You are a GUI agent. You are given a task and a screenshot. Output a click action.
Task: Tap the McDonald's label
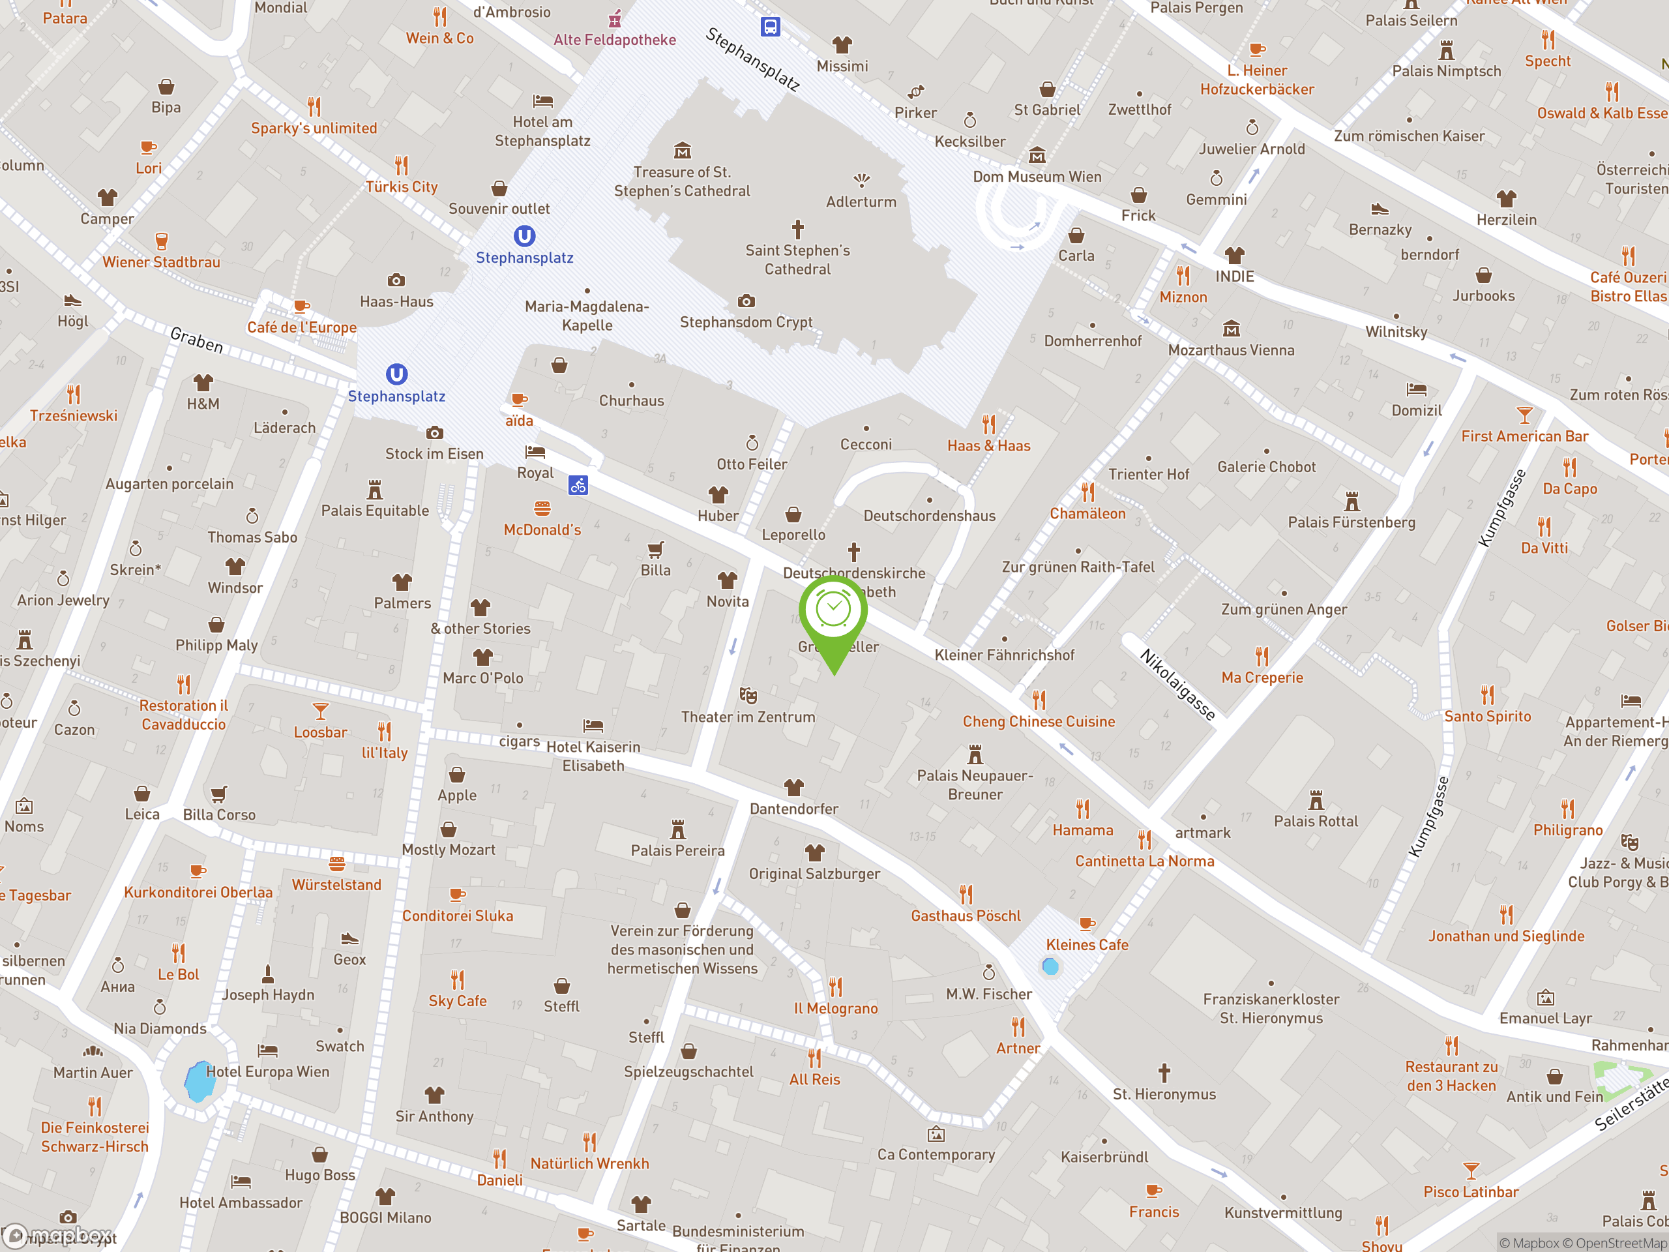pyautogui.click(x=542, y=529)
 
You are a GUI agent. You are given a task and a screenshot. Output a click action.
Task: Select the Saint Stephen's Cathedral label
pyautogui.click(x=797, y=260)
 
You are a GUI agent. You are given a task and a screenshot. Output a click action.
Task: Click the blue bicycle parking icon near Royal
pyautogui.click(x=579, y=485)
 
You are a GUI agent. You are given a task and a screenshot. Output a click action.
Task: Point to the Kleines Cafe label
pyautogui.click(x=1087, y=945)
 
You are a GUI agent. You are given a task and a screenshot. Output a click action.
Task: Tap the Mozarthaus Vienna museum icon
pyautogui.click(x=1232, y=329)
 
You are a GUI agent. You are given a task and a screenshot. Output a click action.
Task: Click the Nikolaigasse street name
pyautogui.click(x=1177, y=685)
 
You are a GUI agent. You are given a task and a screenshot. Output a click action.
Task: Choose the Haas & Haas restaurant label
pyautogui.click(x=988, y=446)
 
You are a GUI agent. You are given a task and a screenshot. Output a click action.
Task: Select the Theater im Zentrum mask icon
pyautogui.click(x=748, y=695)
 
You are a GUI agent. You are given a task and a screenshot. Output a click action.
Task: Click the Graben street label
pyautogui.click(x=196, y=340)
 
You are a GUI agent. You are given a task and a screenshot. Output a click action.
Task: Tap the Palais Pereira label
pyautogui.click(x=677, y=850)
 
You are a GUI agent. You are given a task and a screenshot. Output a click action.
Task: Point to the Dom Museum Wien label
pyautogui.click(x=1037, y=177)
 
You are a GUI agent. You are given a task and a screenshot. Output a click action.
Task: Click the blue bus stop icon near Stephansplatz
pyautogui.click(x=769, y=27)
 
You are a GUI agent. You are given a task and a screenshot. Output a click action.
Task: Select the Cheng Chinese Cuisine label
pyautogui.click(x=1038, y=721)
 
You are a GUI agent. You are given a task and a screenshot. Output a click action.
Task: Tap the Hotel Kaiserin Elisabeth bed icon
pyautogui.click(x=593, y=726)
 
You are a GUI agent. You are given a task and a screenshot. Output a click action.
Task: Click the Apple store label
pyautogui.click(x=456, y=796)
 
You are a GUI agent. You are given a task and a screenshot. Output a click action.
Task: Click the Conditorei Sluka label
pyautogui.click(x=457, y=916)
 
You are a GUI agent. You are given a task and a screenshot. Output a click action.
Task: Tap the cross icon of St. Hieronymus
pyautogui.click(x=1164, y=1073)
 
